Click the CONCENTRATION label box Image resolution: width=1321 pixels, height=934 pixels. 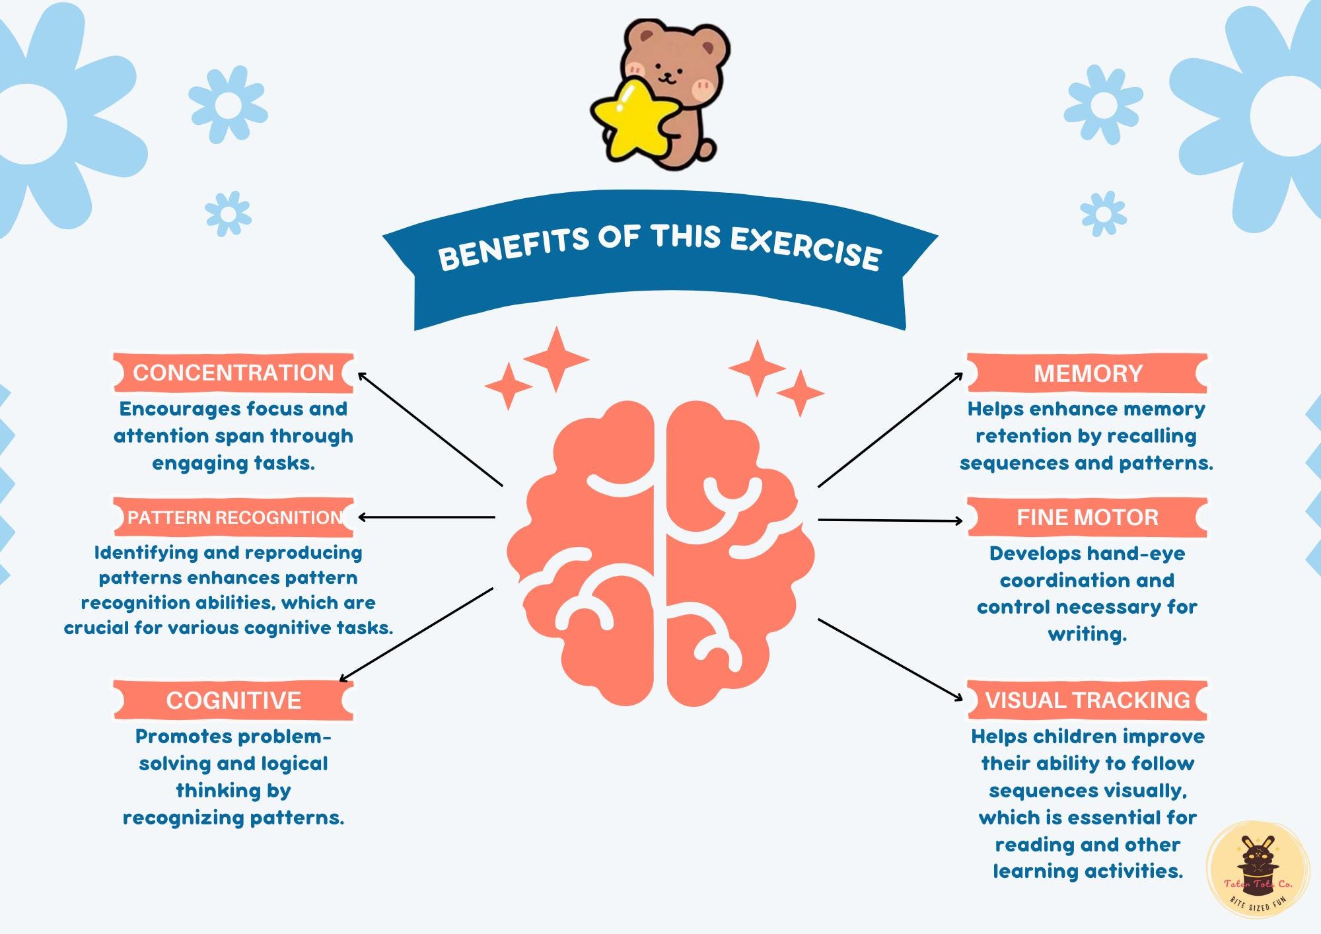point(233,373)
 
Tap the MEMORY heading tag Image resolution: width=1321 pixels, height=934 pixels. point(1087,373)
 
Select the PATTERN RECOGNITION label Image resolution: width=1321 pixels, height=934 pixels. point(233,517)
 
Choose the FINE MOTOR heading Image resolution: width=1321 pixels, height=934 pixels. point(1087,517)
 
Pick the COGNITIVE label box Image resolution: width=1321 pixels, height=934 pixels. point(233,700)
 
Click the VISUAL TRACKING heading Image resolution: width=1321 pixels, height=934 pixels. point(1087,700)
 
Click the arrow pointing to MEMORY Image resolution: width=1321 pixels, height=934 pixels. point(890,430)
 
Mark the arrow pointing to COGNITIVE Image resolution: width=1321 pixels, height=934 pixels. point(416,634)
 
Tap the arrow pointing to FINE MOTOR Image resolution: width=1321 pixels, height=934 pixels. point(890,521)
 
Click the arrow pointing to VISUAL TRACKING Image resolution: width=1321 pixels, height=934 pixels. point(890,659)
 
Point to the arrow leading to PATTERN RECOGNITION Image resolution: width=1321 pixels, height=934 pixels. point(427,517)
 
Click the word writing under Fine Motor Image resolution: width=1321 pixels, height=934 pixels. point(1087,635)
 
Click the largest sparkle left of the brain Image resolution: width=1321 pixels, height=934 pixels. point(555,359)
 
